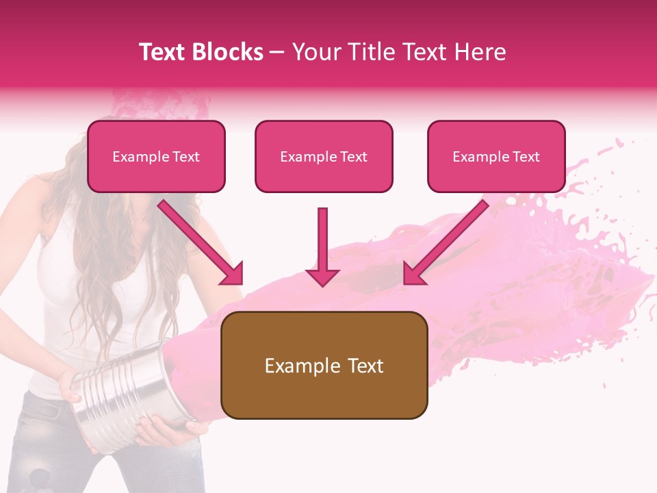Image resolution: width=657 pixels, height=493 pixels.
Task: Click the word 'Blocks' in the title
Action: coord(228,52)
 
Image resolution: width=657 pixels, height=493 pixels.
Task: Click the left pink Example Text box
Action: coord(156,156)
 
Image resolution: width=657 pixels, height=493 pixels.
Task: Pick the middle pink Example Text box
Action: coord(324,156)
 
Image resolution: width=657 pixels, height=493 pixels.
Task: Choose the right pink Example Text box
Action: coord(496,156)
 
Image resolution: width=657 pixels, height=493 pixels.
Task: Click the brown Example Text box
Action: coord(324,365)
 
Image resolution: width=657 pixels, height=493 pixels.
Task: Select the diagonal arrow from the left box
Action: coord(201,243)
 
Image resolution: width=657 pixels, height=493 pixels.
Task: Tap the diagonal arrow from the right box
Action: coord(446,243)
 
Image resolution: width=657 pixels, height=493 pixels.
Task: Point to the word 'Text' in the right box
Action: coord(526,157)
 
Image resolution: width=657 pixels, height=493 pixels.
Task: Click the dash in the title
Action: coord(277,52)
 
